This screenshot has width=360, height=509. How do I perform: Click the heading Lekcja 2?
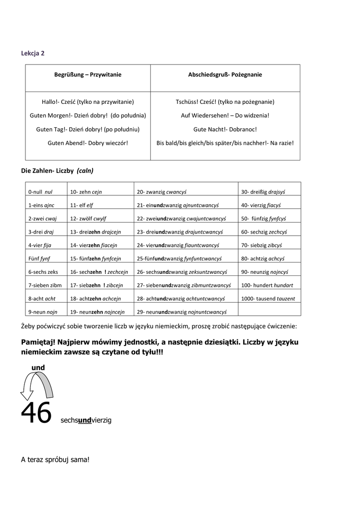(x=32, y=53)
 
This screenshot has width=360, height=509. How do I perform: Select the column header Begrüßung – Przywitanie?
(x=88, y=75)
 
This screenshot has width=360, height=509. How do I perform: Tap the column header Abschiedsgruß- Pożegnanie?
(x=225, y=75)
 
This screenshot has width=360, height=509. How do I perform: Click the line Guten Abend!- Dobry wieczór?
(x=88, y=143)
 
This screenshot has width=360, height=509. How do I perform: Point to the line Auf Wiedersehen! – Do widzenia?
(x=225, y=115)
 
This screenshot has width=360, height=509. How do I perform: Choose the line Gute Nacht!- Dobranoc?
(x=225, y=129)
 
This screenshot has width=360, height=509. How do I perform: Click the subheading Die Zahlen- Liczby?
(x=57, y=170)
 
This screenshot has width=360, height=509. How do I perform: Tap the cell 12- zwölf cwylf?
(x=88, y=218)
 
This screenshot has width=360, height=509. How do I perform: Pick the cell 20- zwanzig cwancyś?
(x=159, y=191)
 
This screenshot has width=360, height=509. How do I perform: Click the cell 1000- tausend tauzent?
(x=268, y=299)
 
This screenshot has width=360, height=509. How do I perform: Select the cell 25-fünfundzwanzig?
(x=179, y=258)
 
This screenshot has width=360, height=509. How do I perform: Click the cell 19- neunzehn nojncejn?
(x=97, y=312)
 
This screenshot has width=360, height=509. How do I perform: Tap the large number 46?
(x=36, y=414)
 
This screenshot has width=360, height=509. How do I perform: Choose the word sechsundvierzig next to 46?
(x=86, y=421)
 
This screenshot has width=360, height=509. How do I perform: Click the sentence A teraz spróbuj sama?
(x=55, y=460)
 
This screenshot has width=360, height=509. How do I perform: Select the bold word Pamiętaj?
(x=39, y=342)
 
